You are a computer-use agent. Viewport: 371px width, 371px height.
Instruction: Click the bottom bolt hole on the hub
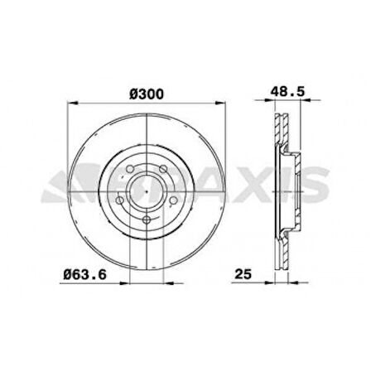[147, 219]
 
